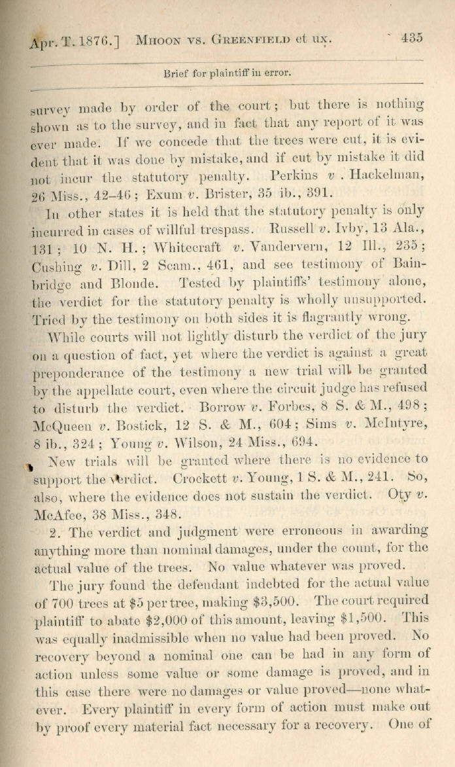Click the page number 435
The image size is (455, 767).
[x=412, y=37]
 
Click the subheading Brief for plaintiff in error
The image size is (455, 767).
[x=227, y=73]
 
